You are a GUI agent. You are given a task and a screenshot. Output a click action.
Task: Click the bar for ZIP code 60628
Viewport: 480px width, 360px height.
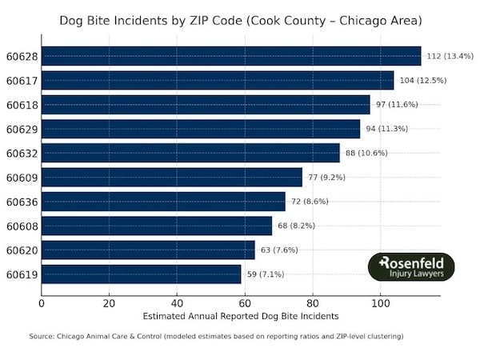click(x=231, y=56)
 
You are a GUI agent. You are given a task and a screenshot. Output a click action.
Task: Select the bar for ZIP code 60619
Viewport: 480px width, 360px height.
click(x=142, y=274)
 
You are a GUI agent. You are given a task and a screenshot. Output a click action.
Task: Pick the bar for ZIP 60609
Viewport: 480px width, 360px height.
click(x=172, y=177)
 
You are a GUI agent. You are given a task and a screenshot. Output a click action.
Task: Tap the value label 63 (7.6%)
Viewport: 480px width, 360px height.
click(x=283, y=250)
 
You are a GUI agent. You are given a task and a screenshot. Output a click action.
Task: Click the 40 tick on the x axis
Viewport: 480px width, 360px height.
click(x=177, y=303)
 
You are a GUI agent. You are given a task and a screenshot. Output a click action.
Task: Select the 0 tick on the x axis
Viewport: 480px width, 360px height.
click(x=42, y=303)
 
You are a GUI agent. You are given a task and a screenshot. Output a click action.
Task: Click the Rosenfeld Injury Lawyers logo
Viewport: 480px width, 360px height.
click(x=410, y=267)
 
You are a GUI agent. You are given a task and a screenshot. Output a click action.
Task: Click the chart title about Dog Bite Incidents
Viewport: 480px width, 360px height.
click(x=240, y=19)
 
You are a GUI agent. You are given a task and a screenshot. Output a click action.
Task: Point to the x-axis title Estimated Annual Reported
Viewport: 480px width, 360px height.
click(x=240, y=317)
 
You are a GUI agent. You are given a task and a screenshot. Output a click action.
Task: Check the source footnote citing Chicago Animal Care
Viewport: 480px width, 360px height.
click(x=216, y=337)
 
